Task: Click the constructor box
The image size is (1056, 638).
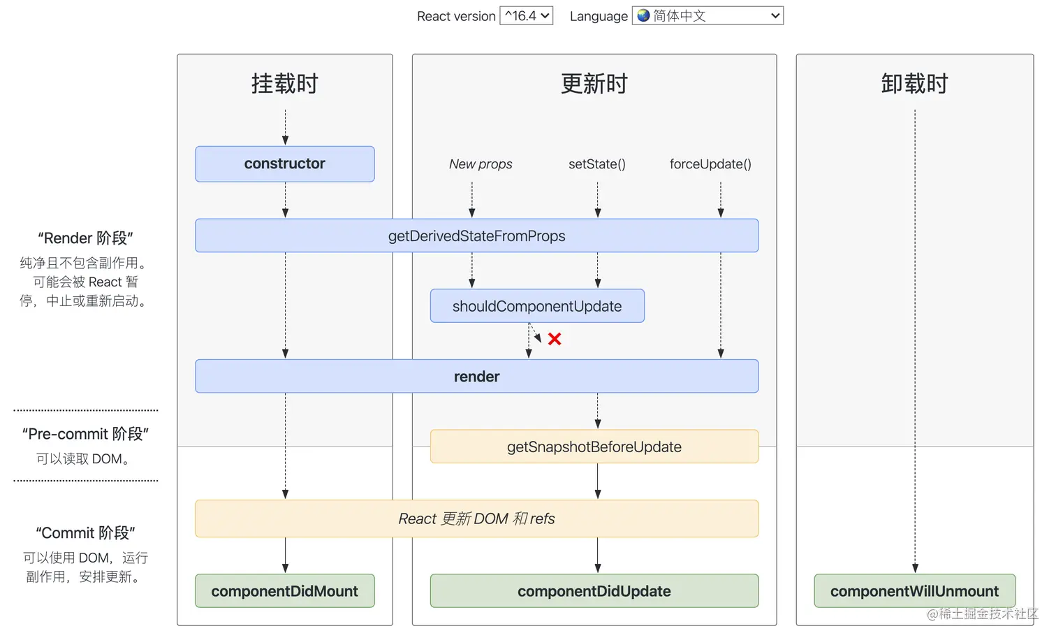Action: coord(285,164)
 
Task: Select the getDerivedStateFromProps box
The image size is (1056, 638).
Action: coord(476,236)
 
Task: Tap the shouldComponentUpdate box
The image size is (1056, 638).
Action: coord(537,306)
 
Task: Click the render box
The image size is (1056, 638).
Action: coord(476,377)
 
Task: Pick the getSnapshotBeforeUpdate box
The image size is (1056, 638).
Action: coord(594,447)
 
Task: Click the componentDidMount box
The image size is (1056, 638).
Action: coord(285,591)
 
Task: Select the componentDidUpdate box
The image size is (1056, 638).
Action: coord(594,591)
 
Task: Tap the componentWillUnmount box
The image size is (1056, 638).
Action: coord(914,591)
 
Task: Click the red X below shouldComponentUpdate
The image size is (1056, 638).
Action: coord(555,339)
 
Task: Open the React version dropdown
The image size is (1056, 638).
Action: coord(527,15)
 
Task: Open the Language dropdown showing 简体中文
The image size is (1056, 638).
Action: coord(707,15)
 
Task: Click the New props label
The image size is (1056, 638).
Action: coord(481,164)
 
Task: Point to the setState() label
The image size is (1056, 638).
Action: coord(597,164)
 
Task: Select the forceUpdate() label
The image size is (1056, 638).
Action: coord(710,164)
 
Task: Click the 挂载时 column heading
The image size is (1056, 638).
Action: coord(285,84)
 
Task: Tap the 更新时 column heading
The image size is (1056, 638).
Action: coord(594,84)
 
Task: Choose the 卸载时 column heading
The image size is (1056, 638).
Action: coord(914,84)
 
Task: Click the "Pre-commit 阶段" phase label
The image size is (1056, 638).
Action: coord(85,434)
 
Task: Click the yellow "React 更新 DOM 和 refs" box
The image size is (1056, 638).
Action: coord(476,519)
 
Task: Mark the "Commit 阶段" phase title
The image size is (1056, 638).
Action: coord(85,533)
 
